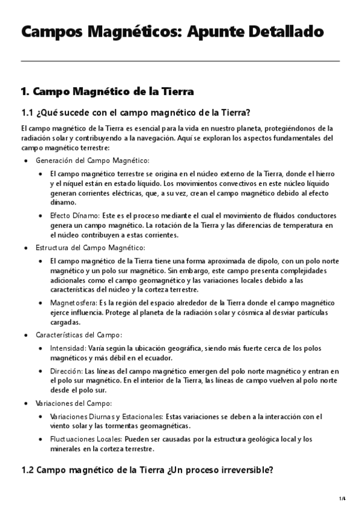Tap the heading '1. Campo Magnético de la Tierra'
coord(107,91)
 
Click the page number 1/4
coord(342,499)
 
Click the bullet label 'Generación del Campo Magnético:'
coord(93,161)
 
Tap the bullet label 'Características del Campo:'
coord(79,334)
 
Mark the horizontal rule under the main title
coord(180,61)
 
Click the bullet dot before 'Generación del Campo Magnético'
coord(25,161)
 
